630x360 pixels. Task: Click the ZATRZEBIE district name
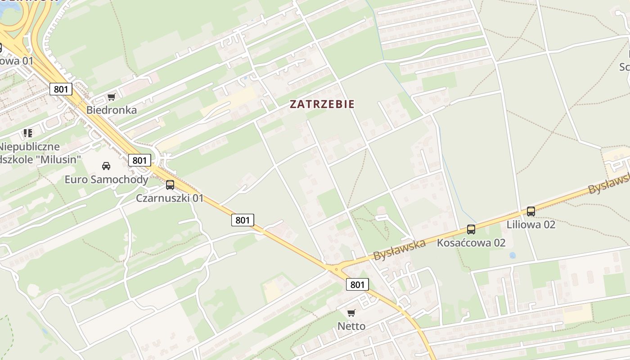click(x=322, y=104)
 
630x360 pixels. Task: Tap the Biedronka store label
click(x=111, y=110)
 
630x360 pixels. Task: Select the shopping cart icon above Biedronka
click(x=111, y=97)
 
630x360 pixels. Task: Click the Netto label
click(x=351, y=326)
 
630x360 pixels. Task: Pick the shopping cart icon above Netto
click(x=351, y=313)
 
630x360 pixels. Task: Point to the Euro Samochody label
click(x=106, y=180)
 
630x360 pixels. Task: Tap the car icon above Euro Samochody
click(x=106, y=166)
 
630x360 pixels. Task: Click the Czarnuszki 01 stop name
click(x=170, y=198)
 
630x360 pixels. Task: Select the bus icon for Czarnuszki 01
click(x=170, y=184)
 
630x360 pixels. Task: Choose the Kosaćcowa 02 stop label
click(x=471, y=243)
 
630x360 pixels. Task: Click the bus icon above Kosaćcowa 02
click(x=471, y=229)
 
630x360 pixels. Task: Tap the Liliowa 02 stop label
click(x=531, y=224)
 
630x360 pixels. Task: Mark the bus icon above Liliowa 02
click(x=531, y=211)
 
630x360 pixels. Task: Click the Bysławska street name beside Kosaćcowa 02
click(x=399, y=250)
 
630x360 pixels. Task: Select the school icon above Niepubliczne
click(x=28, y=133)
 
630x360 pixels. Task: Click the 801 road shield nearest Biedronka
click(x=61, y=89)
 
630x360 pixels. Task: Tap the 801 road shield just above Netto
click(x=357, y=284)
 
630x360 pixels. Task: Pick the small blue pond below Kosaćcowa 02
click(x=513, y=255)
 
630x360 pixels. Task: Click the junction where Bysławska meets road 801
click(x=335, y=269)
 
